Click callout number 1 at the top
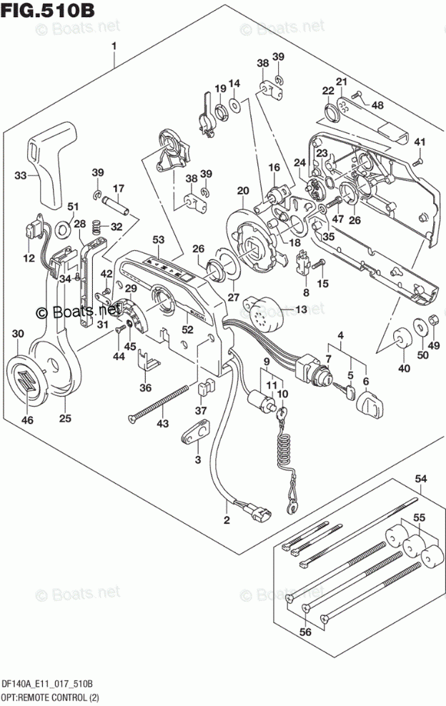pos(114,48)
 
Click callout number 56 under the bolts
pos(306,631)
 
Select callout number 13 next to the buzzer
pos(300,309)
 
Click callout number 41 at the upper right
pos(420,141)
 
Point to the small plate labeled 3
pos(198,432)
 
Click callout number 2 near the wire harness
pos(227,519)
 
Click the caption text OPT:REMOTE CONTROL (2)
pos(49,697)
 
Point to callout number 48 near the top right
pos(377,105)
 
